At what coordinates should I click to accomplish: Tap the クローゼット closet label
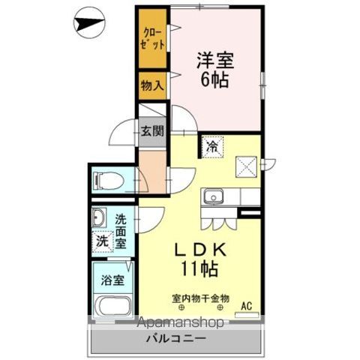[x=154, y=38]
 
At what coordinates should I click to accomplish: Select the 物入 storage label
[x=152, y=85]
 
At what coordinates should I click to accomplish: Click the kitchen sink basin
[x=213, y=198]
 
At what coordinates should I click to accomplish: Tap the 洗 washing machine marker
[x=100, y=242]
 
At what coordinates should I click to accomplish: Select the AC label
[x=246, y=305]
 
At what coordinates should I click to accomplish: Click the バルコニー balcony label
[x=178, y=339]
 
